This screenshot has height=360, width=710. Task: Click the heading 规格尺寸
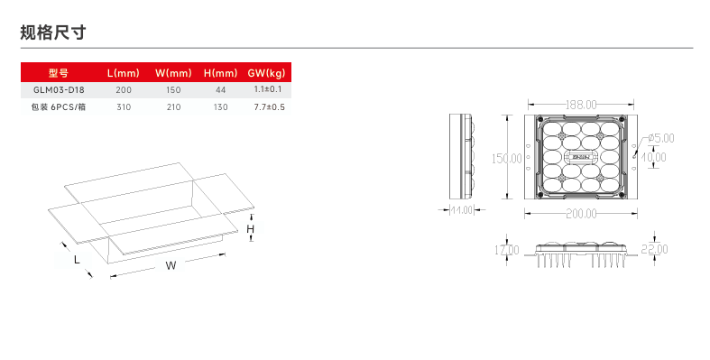click(x=53, y=32)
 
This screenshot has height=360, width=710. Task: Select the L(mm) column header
click(x=124, y=73)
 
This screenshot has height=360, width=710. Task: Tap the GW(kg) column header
click(x=266, y=73)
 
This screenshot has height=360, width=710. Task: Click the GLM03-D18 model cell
click(x=59, y=89)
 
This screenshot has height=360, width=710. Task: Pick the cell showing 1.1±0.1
click(x=268, y=89)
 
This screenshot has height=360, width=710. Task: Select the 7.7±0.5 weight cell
click(x=269, y=106)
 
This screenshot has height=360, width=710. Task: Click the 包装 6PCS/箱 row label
click(x=59, y=106)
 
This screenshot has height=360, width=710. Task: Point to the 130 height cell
click(x=220, y=107)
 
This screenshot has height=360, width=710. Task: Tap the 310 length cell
click(x=124, y=107)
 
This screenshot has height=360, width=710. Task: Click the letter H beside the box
click(x=251, y=229)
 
